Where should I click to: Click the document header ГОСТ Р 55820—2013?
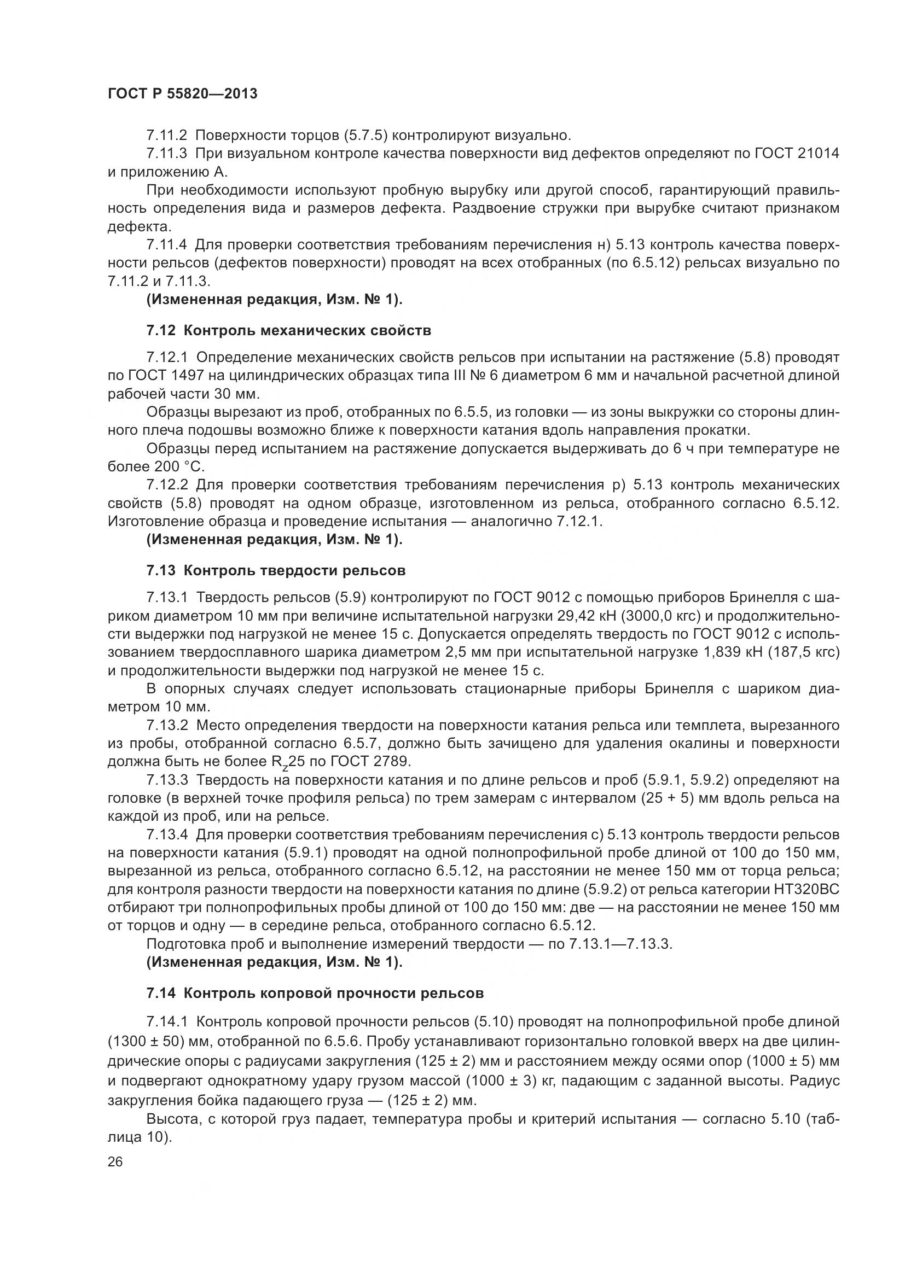point(182,94)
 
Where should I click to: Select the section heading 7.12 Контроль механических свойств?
point(289,331)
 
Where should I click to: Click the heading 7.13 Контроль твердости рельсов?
point(276,570)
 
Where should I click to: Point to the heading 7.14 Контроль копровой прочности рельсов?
point(315,993)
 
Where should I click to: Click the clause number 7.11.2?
point(167,136)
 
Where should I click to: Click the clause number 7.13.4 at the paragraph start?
point(167,834)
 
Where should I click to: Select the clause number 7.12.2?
point(167,484)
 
